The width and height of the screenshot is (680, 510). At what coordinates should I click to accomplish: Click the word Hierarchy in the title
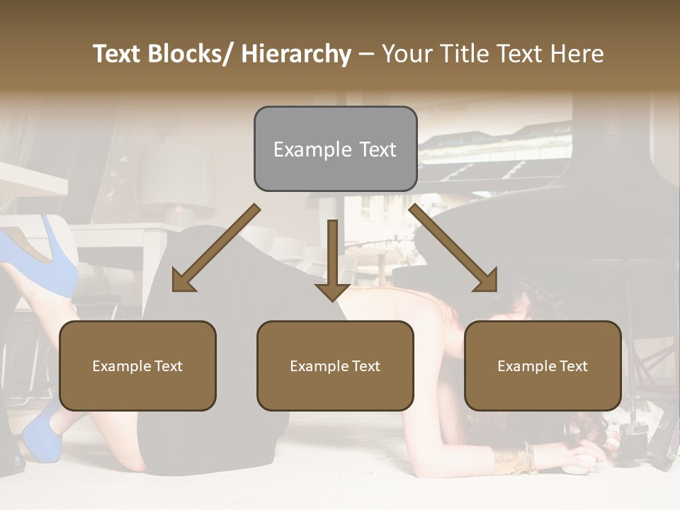tap(296, 54)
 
